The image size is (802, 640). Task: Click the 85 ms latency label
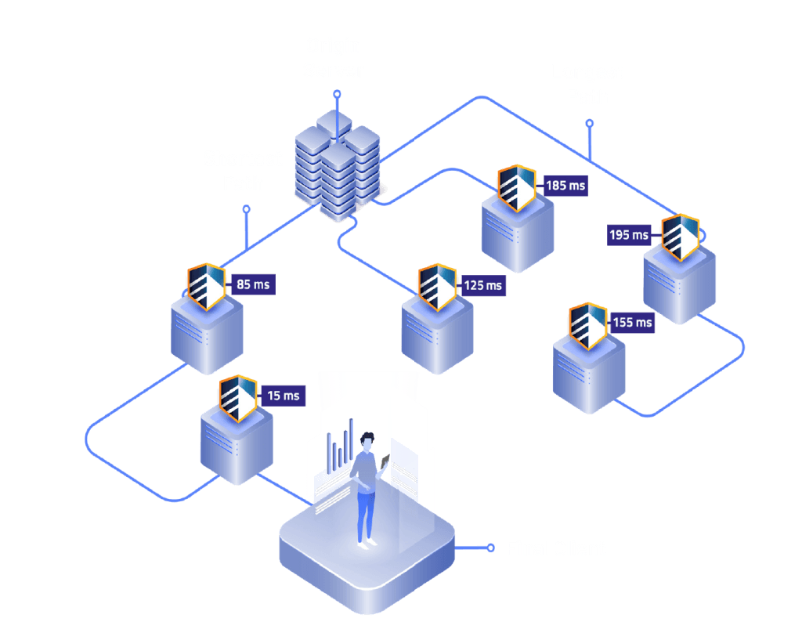coord(253,284)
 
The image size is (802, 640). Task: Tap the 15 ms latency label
coord(284,396)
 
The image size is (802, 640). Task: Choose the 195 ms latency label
coord(630,234)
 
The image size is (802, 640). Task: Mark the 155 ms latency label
coord(633,322)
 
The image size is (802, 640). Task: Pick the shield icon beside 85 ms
coord(207,287)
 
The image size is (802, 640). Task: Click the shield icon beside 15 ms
coord(237,399)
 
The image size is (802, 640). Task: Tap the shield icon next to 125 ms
coord(437,287)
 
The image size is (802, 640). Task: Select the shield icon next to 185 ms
coord(517,188)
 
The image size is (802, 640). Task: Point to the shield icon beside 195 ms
coord(679,237)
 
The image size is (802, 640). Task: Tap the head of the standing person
coord(367,442)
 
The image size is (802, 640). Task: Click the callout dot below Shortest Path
coord(246,209)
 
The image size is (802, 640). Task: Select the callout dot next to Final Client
coord(490,548)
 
